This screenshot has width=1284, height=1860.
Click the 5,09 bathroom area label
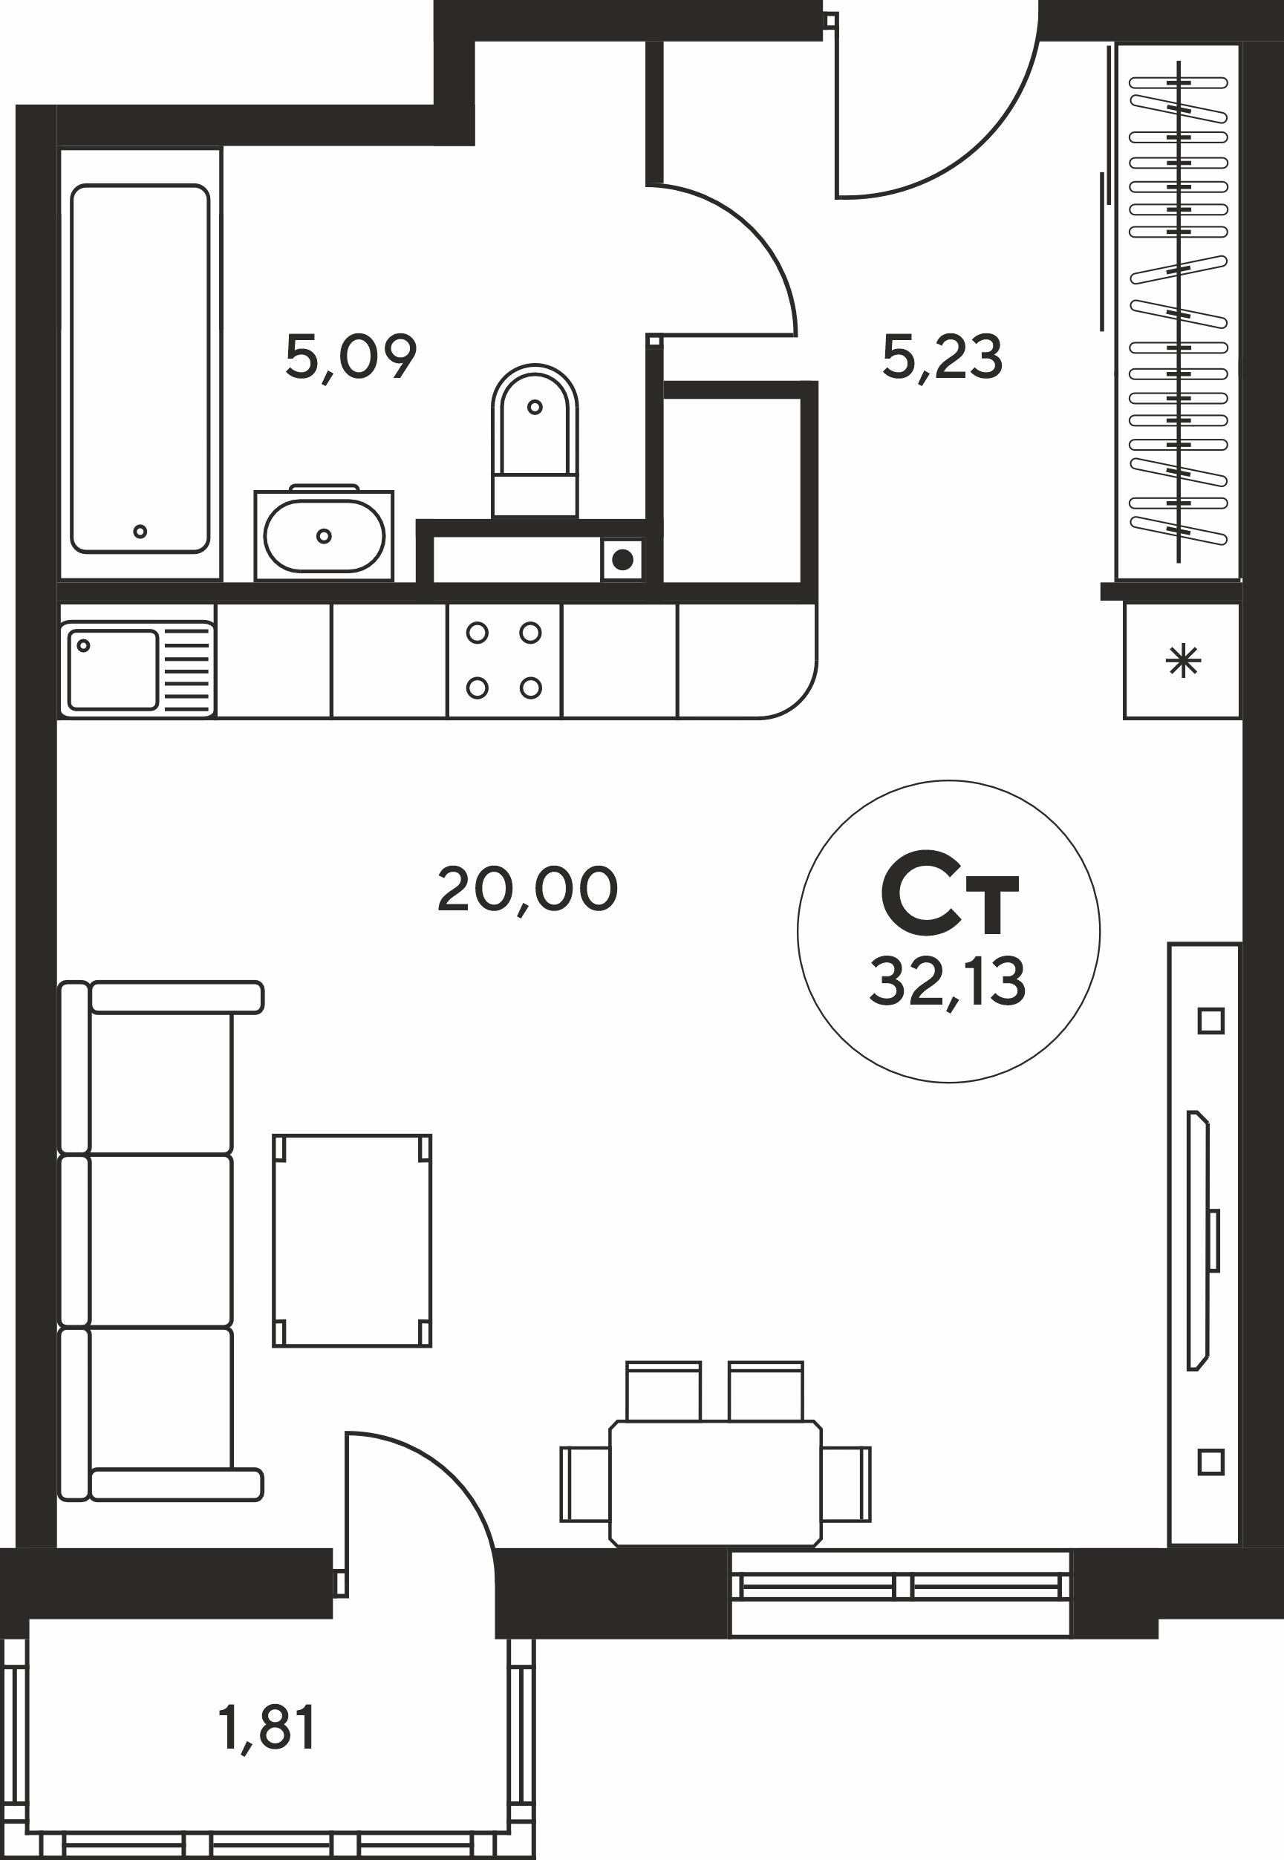click(351, 357)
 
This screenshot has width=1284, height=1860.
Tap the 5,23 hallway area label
click(942, 356)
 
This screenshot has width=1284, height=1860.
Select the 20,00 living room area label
click(527, 890)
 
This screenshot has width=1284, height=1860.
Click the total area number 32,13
click(948, 982)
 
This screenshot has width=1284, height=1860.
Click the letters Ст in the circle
click(949, 893)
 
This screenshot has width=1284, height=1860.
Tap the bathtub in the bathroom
click(140, 368)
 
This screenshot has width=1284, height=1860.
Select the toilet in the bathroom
click(535, 440)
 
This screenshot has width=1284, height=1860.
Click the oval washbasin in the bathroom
click(325, 535)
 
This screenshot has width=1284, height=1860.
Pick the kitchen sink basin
click(113, 670)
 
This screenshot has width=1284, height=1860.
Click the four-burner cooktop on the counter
click(504, 660)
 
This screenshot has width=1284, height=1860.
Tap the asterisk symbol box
click(1182, 661)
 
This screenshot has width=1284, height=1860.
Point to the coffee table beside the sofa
click(352, 1241)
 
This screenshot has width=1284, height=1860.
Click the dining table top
click(716, 1484)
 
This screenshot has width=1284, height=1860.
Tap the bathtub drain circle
click(140, 531)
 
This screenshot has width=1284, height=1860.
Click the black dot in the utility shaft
click(622, 559)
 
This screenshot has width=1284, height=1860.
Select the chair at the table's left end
click(585, 1484)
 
